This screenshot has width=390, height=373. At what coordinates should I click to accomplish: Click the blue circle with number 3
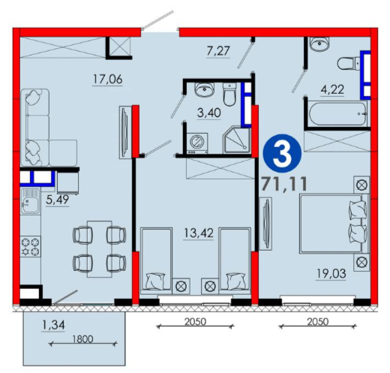(x=283, y=154)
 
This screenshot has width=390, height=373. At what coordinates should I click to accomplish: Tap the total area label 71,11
(x=284, y=184)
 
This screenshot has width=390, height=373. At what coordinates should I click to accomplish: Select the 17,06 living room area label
(x=108, y=80)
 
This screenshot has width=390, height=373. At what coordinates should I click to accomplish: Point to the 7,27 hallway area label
(x=218, y=51)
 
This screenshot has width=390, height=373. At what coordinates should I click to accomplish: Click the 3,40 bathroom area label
(x=209, y=113)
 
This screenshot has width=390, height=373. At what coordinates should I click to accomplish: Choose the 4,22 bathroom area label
(x=332, y=89)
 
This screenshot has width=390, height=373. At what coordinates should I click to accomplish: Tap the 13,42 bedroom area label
(x=199, y=233)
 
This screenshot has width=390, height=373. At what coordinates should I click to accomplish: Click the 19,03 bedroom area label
(x=331, y=273)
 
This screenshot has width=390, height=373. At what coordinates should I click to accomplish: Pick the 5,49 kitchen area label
(x=58, y=200)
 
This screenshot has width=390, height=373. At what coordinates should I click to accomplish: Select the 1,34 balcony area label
(x=53, y=325)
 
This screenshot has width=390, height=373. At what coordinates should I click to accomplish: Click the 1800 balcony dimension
(x=82, y=339)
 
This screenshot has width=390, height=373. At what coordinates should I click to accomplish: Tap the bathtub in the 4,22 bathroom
(x=338, y=113)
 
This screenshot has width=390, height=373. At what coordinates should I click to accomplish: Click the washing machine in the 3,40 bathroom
(x=197, y=143)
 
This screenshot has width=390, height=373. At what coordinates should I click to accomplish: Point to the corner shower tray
(x=237, y=140)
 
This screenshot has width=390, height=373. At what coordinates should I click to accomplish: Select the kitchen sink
(x=30, y=201)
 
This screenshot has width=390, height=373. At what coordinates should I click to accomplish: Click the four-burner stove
(x=31, y=247)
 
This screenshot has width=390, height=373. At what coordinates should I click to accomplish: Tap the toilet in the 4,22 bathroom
(x=349, y=63)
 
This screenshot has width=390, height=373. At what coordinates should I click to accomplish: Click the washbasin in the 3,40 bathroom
(x=205, y=89)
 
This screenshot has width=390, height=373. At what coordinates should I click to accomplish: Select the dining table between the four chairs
(x=100, y=249)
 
